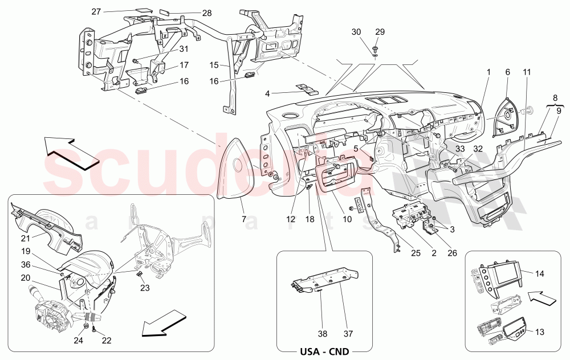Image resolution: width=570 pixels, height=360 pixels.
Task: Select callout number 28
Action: click(x=190, y=13)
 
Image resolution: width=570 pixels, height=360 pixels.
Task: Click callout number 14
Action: click(x=540, y=273)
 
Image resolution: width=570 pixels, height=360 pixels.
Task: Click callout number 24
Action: click(x=78, y=341)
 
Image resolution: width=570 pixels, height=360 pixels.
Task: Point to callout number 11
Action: click(x=526, y=72)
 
